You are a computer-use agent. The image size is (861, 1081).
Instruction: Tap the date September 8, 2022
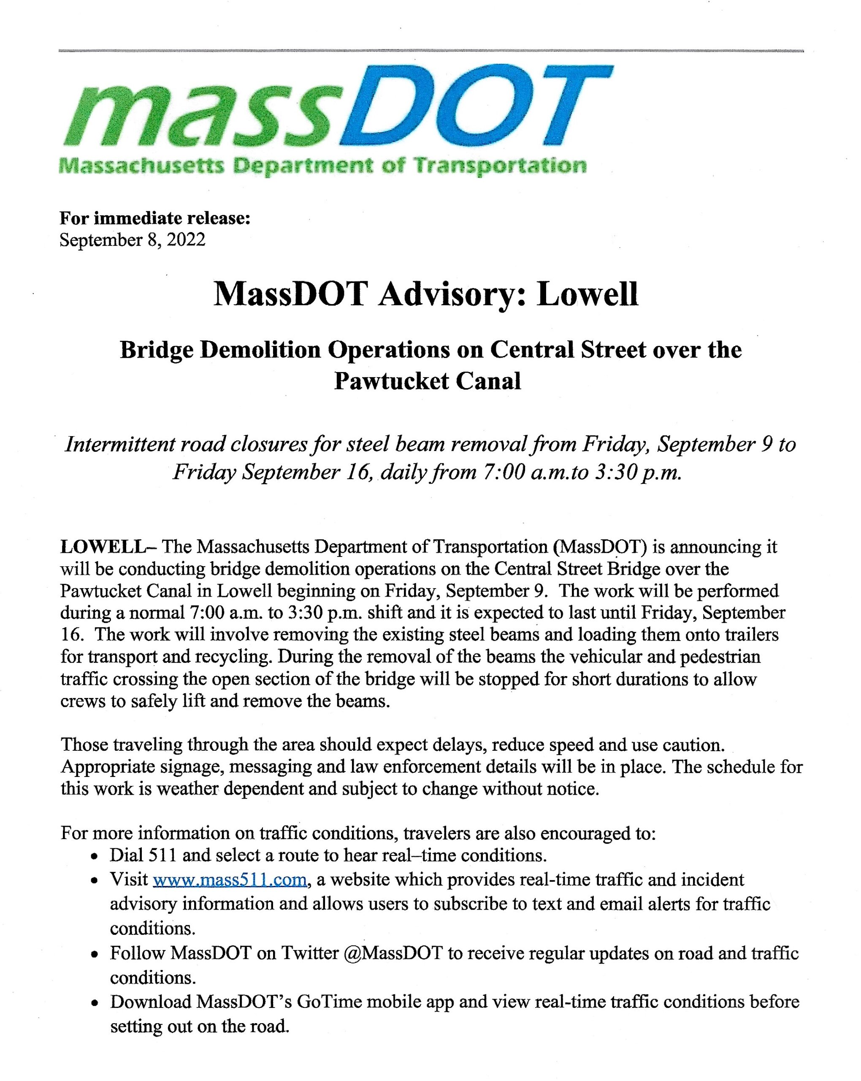132,240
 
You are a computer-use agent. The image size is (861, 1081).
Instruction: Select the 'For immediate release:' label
155,218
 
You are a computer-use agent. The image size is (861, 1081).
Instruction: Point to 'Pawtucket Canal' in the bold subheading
428,381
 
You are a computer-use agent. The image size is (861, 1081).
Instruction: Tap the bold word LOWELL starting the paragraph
102,546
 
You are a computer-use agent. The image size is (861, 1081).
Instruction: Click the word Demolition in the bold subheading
260,350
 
